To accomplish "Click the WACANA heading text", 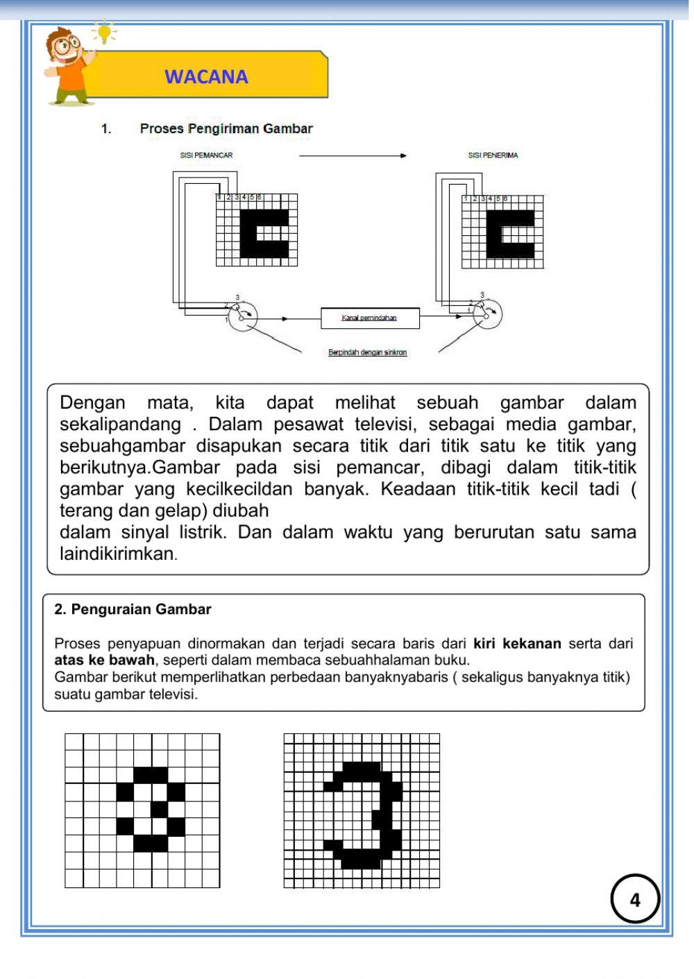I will (x=206, y=76).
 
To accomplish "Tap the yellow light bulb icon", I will (x=104, y=32).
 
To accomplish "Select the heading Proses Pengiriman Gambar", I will (x=226, y=128).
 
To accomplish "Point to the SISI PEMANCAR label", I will (x=206, y=155).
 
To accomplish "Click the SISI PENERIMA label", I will (x=493, y=155).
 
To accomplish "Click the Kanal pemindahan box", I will (x=370, y=318).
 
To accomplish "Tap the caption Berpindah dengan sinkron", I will (x=367, y=352).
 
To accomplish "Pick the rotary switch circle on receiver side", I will (x=488, y=314).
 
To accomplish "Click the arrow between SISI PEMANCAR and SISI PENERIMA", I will (x=353, y=156).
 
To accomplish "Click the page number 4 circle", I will (x=634, y=899).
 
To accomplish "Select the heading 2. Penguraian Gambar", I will (x=133, y=609).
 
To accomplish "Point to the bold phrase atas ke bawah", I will (x=104, y=660).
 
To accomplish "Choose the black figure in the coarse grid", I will (x=151, y=809).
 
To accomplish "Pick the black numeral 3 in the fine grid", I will (x=375, y=815).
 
